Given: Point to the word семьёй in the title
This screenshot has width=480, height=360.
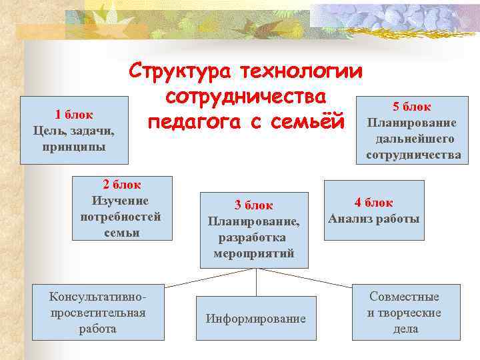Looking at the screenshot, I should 311,123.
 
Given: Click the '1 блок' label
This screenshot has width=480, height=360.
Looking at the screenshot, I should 73,114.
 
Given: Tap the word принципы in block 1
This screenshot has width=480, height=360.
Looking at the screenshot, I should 73,145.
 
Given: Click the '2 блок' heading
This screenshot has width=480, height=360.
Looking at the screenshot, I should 121,185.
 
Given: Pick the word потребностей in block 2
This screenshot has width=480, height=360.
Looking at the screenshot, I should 121,217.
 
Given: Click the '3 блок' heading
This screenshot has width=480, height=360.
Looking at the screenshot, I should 253,206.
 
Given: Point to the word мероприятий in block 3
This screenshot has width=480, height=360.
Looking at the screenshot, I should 253,254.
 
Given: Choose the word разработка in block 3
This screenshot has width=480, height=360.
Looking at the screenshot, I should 253,238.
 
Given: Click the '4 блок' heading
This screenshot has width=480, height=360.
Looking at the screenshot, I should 373,203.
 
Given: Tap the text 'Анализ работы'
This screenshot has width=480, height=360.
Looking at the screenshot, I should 373,219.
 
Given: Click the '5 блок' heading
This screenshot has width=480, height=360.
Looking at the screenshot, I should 412,107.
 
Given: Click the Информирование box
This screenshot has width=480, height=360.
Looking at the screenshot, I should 255,319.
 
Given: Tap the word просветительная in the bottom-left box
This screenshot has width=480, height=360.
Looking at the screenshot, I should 98,312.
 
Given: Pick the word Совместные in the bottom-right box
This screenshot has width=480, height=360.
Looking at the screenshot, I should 405,297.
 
